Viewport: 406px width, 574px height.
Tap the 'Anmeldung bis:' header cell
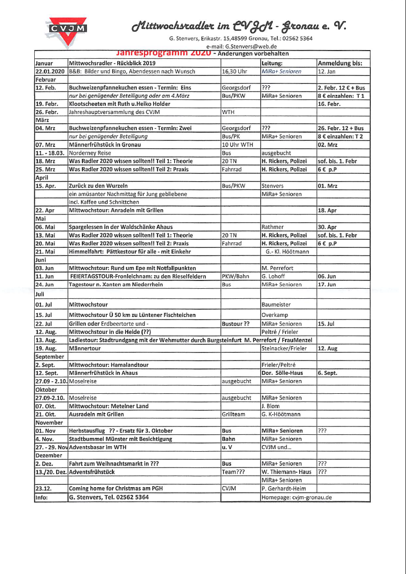(340, 63)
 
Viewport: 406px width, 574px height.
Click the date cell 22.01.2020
(50, 71)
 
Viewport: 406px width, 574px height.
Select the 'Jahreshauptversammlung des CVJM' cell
(114, 112)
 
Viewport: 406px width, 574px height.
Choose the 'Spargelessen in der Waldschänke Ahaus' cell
(121, 227)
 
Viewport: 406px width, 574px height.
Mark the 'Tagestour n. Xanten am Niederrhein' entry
(116, 284)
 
